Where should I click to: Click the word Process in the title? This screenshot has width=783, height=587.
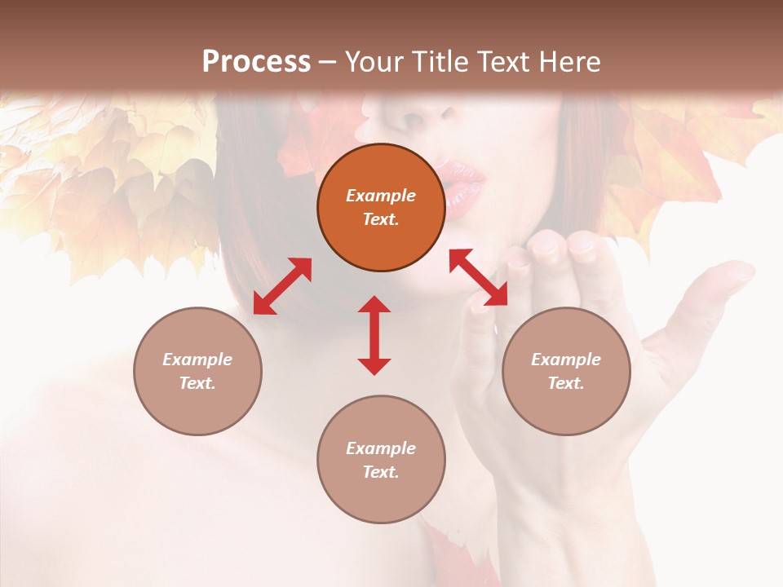pyautogui.click(x=256, y=62)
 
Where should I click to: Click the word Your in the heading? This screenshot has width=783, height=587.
pyautogui.click(x=373, y=62)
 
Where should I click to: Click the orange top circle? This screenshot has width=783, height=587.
pyautogui.click(x=381, y=208)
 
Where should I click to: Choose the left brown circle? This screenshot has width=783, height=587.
pyautogui.click(x=197, y=371)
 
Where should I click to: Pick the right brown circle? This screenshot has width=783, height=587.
pyautogui.click(x=566, y=371)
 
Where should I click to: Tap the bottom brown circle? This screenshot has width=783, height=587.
pyautogui.click(x=381, y=459)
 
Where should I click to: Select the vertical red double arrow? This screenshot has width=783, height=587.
pyautogui.click(x=374, y=335)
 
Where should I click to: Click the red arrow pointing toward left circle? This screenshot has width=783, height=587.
pyautogui.click(x=282, y=286)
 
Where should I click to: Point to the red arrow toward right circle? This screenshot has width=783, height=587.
pyautogui.click(x=478, y=277)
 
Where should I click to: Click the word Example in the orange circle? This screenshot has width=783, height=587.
pyautogui.click(x=381, y=196)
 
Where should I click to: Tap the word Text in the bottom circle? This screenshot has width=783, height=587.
pyautogui.click(x=379, y=472)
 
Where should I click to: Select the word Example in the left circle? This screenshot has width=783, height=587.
pyautogui.click(x=197, y=360)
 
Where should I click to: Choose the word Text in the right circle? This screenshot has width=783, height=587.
pyautogui.click(x=564, y=383)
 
